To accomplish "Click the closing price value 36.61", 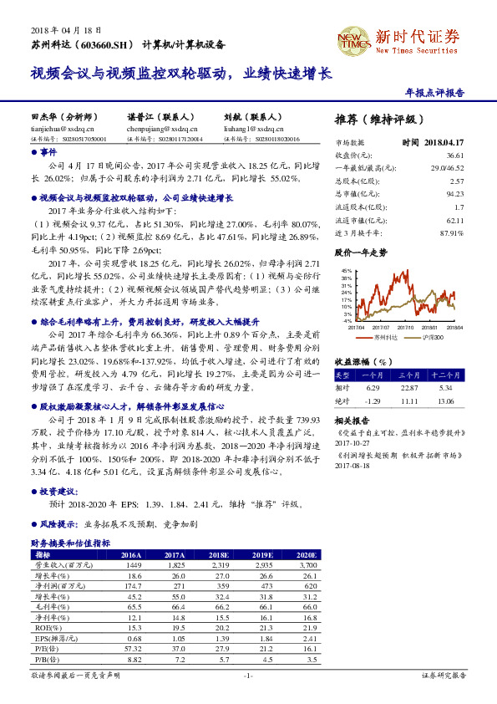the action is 454,156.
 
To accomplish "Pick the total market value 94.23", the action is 455,194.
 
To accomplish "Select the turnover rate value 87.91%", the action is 451,232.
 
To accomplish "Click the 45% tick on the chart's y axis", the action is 346,272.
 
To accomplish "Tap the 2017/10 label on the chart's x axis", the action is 404,328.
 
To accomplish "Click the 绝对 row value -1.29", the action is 373,401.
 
